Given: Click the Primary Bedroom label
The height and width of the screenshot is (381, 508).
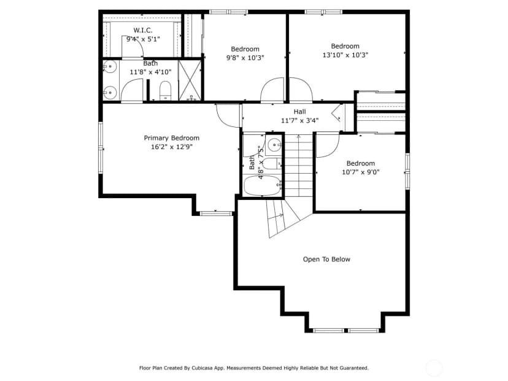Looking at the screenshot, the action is pyautogui.click(x=171, y=138).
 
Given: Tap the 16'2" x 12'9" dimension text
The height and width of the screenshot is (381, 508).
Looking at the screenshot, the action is pyautogui.click(x=172, y=147).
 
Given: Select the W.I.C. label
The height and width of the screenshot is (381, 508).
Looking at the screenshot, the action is pyautogui.click(x=143, y=31).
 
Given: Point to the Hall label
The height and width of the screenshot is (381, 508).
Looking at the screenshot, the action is pyautogui.click(x=299, y=112).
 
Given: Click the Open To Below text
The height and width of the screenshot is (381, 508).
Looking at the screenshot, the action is pyautogui.click(x=326, y=259).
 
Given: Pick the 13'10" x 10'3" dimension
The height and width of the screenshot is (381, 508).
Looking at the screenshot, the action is pyautogui.click(x=345, y=55).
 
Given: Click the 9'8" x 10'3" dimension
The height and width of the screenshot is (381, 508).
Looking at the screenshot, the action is pyautogui.click(x=245, y=58).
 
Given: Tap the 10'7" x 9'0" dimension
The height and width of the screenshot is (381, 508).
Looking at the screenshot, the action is pyautogui.click(x=361, y=172).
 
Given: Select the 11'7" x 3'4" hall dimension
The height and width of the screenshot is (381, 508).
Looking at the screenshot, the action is pyautogui.click(x=299, y=120).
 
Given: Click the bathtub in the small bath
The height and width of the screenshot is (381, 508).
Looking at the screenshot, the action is pyautogui.click(x=262, y=185).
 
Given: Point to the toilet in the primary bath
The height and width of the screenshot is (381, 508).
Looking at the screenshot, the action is pyautogui.click(x=165, y=91).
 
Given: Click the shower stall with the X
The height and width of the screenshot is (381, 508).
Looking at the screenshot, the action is pyautogui.click(x=190, y=80).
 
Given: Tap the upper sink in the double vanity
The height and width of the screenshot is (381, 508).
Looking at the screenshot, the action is pyautogui.click(x=110, y=67).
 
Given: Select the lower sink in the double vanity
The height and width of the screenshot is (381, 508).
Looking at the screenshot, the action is pyautogui.click(x=110, y=93).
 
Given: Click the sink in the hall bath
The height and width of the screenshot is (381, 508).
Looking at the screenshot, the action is pyautogui.click(x=275, y=144).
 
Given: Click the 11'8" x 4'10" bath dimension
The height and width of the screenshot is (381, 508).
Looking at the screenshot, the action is pyautogui.click(x=151, y=72).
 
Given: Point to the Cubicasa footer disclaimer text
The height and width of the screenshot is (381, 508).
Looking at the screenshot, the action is pyautogui.click(x=254, y=368).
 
